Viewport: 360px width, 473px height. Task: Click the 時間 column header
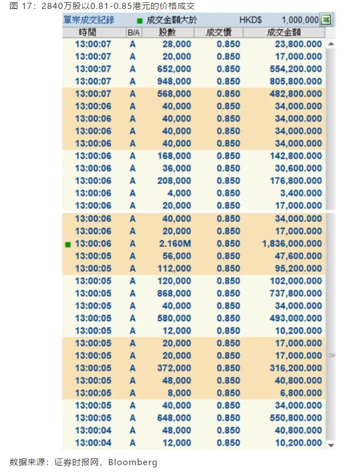coord(93,32)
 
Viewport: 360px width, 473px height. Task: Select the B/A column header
coord(133,32)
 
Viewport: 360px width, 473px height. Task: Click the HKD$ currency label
coord(250,20)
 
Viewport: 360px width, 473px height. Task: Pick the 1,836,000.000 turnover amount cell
coord(292,244)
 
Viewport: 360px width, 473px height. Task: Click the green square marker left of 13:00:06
coord(68,244)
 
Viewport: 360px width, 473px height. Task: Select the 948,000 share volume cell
coord(176,81)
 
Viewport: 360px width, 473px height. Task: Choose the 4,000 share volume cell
coord(180,193)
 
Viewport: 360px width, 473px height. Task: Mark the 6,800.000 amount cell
coord(302,393)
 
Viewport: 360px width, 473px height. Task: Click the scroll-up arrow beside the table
coord(330,44)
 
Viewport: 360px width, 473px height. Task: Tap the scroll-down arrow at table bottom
coord(330,444)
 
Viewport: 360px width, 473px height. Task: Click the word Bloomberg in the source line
coord(133,462)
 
